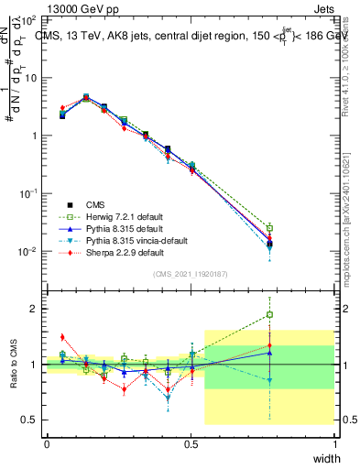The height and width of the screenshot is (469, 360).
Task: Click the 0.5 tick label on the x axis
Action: (x=191, y=443)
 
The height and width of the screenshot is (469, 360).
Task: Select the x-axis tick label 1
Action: (x=335, y=443)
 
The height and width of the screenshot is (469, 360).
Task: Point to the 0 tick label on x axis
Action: (x=47, y=443)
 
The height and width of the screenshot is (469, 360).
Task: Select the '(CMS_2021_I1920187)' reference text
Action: (x=191, y=274)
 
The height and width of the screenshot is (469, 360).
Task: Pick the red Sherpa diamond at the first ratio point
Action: (x=62, y=337)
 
